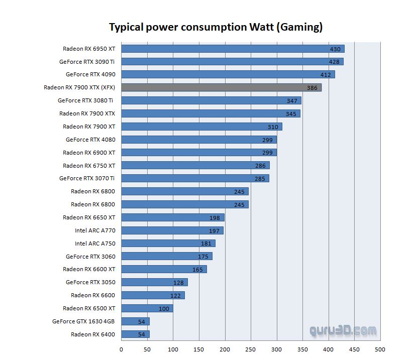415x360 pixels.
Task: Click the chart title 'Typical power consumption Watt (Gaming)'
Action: point(216,27)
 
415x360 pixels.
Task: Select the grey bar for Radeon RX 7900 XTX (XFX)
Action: point(221,87)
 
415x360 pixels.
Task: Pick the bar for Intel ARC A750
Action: point(168,244)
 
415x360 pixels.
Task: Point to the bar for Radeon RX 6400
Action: point(135,334)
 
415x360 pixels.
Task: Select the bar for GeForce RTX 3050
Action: point(154,282)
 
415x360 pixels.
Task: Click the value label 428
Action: point(334,62)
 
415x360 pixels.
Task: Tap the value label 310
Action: point(273,127)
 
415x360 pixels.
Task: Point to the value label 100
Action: point(164,308)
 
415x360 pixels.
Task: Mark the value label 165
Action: point(197,270)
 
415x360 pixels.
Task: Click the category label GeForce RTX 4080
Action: point(90,140)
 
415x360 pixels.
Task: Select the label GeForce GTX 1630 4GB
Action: point(83,321)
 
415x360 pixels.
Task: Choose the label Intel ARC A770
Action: point(95,230)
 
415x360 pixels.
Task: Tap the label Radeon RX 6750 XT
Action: point(89,166)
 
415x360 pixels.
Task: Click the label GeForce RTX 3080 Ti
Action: point(85,100)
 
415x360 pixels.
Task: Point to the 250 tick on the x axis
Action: point(251,349)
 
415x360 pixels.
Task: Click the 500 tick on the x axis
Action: point(380,349)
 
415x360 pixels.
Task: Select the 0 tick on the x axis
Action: point(122,349)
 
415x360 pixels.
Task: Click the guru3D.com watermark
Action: point(343,331)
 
